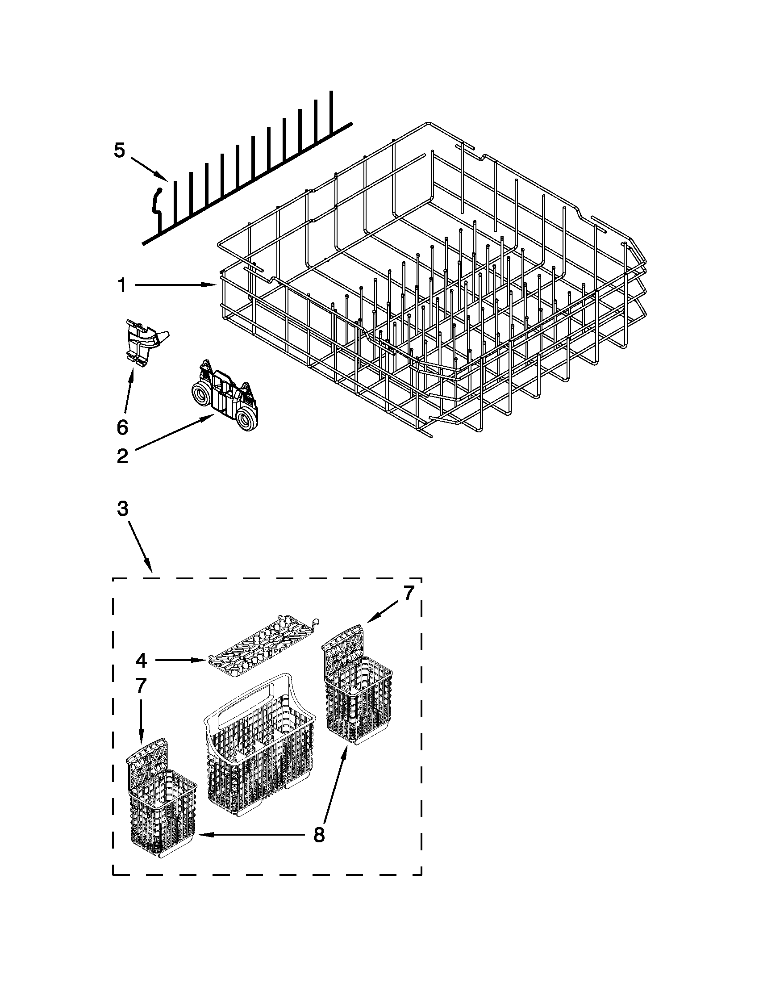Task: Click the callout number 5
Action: [119, 151]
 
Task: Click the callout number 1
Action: [122, 285]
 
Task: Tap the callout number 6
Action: [122, 427]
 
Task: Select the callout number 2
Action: [122, 456]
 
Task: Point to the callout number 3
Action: [122, 509]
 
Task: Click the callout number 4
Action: [141, 660]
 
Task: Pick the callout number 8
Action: [318, 835]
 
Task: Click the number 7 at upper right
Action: [408, 593]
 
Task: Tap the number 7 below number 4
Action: [141, 686]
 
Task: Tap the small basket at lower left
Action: [163, 806]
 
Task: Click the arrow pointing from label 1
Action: [175, 285]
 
